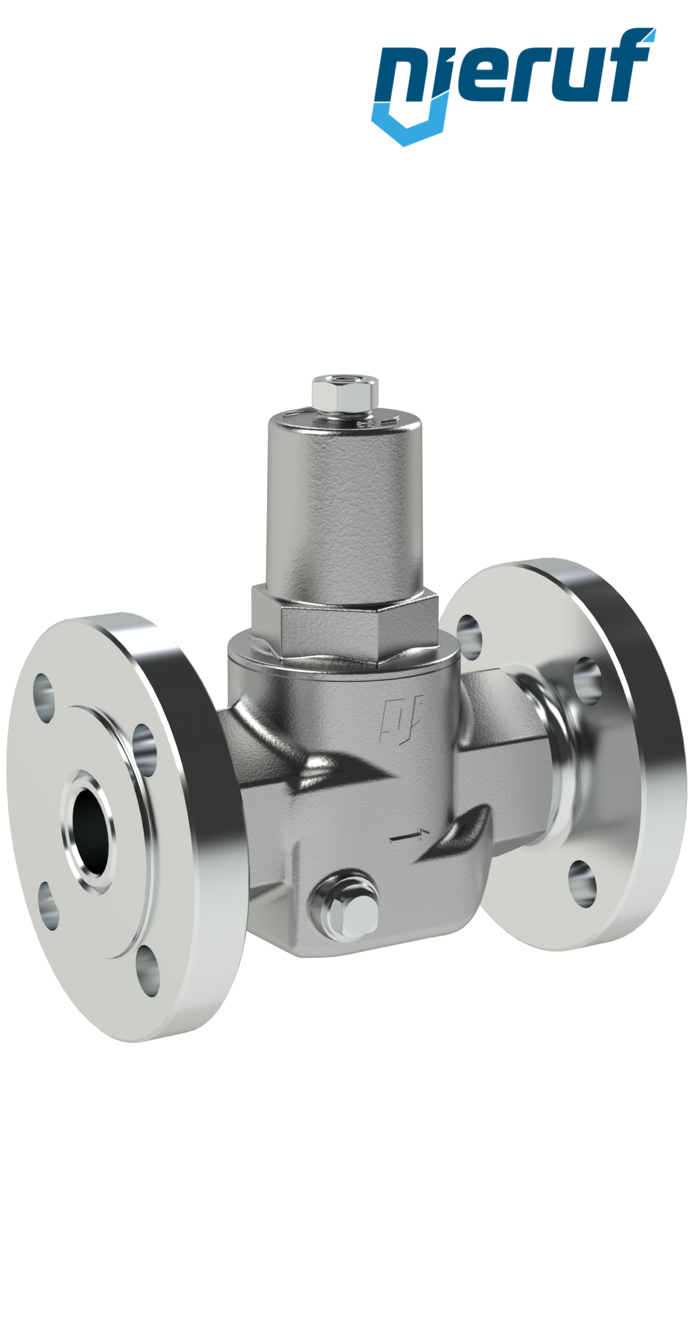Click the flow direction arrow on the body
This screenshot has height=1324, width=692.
tap(410, 835)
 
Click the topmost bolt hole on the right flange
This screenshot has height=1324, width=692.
tap(469, 632)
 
